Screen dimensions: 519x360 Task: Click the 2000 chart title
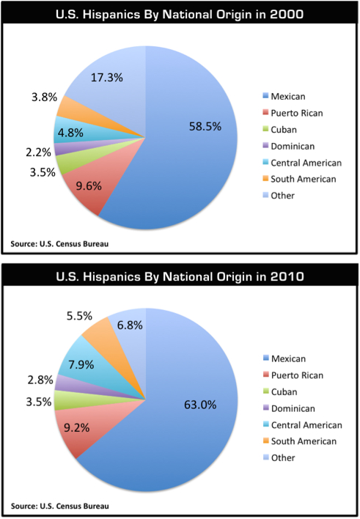pyautogui.click(x=180, y=13)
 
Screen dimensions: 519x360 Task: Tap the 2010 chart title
pyautogui.click(x=180, y=277)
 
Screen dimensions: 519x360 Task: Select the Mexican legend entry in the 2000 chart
pyautogui.click(x=287, y=96)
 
